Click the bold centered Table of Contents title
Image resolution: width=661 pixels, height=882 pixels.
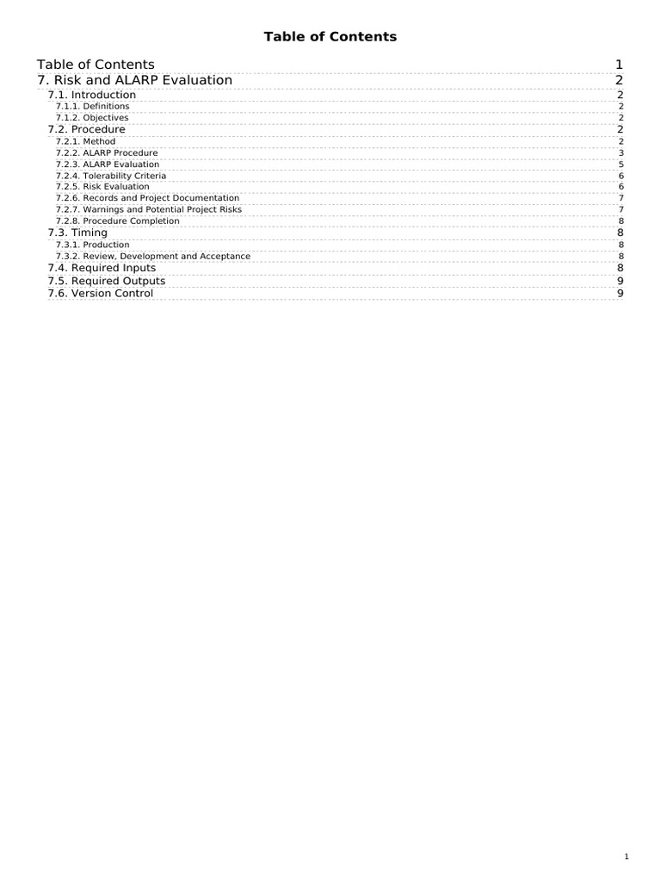point(330,36)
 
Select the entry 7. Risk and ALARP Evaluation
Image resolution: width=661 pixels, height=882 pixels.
point(135,80)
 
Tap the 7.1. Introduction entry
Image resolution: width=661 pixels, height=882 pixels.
point(91,95)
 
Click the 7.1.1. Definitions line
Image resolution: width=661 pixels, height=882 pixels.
point(92,106)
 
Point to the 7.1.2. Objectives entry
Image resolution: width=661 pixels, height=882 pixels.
point(92,117)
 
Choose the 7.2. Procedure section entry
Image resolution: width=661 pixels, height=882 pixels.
point(86,129)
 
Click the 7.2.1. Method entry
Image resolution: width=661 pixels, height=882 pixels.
point(85,141)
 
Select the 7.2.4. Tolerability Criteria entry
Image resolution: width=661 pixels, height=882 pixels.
point(111,176)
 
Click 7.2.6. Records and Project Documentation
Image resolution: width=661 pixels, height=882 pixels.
point(147,198)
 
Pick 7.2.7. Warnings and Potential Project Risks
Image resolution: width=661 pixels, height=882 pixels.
point(148,209)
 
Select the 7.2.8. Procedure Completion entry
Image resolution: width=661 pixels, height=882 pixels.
point(117,220)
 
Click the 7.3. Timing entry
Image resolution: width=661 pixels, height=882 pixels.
point(77,233)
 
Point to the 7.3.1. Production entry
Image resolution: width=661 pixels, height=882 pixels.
point(92,245)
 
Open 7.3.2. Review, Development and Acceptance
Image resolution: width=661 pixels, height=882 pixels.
point(153,256)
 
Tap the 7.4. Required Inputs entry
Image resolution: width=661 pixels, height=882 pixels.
point(102,268)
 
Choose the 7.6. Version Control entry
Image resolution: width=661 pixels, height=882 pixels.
point(100,294)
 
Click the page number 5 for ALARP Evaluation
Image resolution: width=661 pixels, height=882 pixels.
point(621,164)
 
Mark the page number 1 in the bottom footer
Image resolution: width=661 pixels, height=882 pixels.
point(627,856)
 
